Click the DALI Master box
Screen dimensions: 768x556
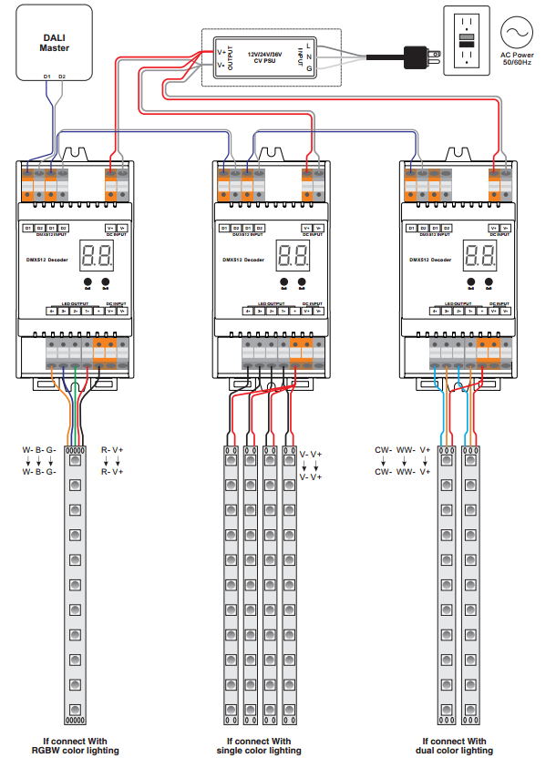56,42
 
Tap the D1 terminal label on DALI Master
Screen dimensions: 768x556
46,76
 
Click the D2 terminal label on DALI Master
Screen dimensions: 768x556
61,76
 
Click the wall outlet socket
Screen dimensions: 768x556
466,41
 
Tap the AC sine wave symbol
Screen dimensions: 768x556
516,33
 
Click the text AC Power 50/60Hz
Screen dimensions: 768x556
517,60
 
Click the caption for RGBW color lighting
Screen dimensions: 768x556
75,746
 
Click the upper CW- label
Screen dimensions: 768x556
383,450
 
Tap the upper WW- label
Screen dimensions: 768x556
405,450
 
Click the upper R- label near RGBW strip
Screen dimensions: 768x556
106,450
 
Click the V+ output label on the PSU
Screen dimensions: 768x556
221,51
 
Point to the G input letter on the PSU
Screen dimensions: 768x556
309,68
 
